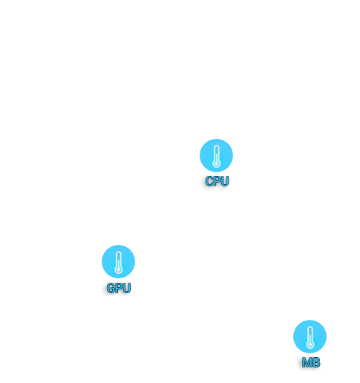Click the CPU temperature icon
pyautogui.click(x=216, y=155)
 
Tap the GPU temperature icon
pyautogui.click(x=118, y=261)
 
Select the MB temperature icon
pyautogui.click(x=310, y=336)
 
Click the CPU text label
pyautogui.click(x=217, y=181)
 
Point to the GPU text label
pyautogui.click(x=119, y=288)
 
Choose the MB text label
pyautogui.click(x=311, y=362)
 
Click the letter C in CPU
pyautogui.click(x=209, y=181)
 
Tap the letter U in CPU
pyautogui.click(x=225, y=181)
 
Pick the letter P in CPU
pyautogui.click(x=217, y=181)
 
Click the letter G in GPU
pyautogui.click(x=111, y=288)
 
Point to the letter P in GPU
pyautogui.click(x=119, y=288)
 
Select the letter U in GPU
pyautogui.click(x=126, y=288)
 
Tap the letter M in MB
pyautogui.click(x=307, y=362)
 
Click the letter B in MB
pyautogui.click(x=316, y=362)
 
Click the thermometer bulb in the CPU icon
pyautogui.click(x=216, y=163)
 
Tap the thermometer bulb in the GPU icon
pyautogui.click(x=119, y=269)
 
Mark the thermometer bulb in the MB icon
pyautogui.click(x=310, y=344)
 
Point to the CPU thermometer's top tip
pyautogui.click(x=216, y=145)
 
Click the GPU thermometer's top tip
pyautogui.click(x=119, y=252)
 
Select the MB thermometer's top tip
pyautogui.click(x=310, y=327)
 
